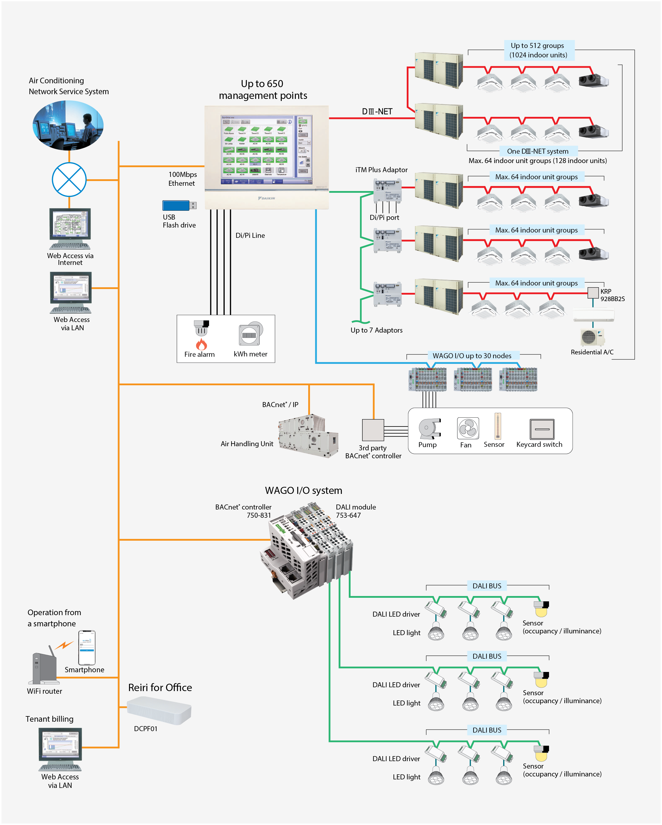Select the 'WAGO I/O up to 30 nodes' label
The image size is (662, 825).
[472, 356]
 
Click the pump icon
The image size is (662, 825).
[429, 428]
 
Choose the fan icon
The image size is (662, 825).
[468, 428]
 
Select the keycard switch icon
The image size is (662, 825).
[541, 429]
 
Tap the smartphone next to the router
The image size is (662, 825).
[87, 648]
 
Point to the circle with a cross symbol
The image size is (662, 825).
[69, 180]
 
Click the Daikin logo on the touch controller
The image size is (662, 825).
[266, 198]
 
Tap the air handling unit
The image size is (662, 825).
[308, 436]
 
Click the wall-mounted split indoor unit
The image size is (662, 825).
[593, 314]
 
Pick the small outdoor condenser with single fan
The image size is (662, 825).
[592, 337]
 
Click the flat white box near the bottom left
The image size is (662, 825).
[159, 710]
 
